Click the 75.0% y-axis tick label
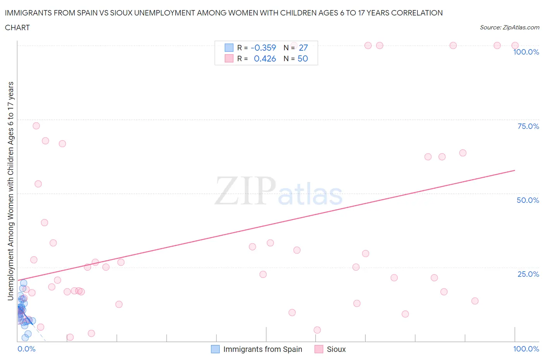[x=528, y=126]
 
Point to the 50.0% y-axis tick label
[x=528, y=200]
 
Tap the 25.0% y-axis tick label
[x=528, y=274]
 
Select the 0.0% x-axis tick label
[x=26, y=349]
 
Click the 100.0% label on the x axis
[x=526, y=349]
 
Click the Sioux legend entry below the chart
[x=336, y=349]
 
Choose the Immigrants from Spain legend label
[x=262, y=349]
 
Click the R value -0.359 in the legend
[x=263, y=48]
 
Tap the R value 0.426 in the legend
[x=265, y=58]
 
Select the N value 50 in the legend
[x=303, y=58]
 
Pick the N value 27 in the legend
[x=303, y=48]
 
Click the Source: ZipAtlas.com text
[x=509, y=27]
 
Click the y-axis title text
[x=10, y=191]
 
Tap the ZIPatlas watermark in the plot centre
[x=279, y=190]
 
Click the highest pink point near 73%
[x=36, y=126]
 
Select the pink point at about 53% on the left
[x=38, y=184]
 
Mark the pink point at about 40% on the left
[x=44, y=223]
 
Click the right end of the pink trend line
[x=515, y=170]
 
